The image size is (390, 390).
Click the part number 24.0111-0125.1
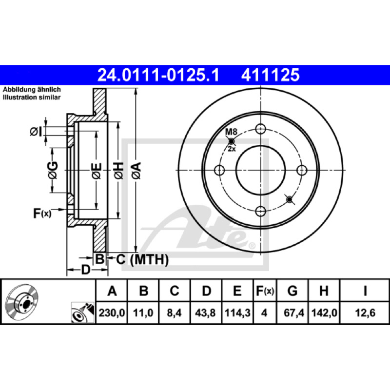(x=158, y=75)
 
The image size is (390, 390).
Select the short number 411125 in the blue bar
(x=271, y=75)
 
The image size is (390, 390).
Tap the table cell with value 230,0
(x=112, y=312)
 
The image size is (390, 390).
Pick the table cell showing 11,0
(x=143, y=312)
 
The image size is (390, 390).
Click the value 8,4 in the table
(x=174, y=312)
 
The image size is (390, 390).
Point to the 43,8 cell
(x=205, y=312)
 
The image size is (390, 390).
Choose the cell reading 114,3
(x=237, y=312)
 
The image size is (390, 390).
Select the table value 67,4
(x=294, y=312)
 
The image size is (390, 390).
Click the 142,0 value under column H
(x=324, y=312)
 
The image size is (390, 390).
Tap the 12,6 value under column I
(x=365, y=312)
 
